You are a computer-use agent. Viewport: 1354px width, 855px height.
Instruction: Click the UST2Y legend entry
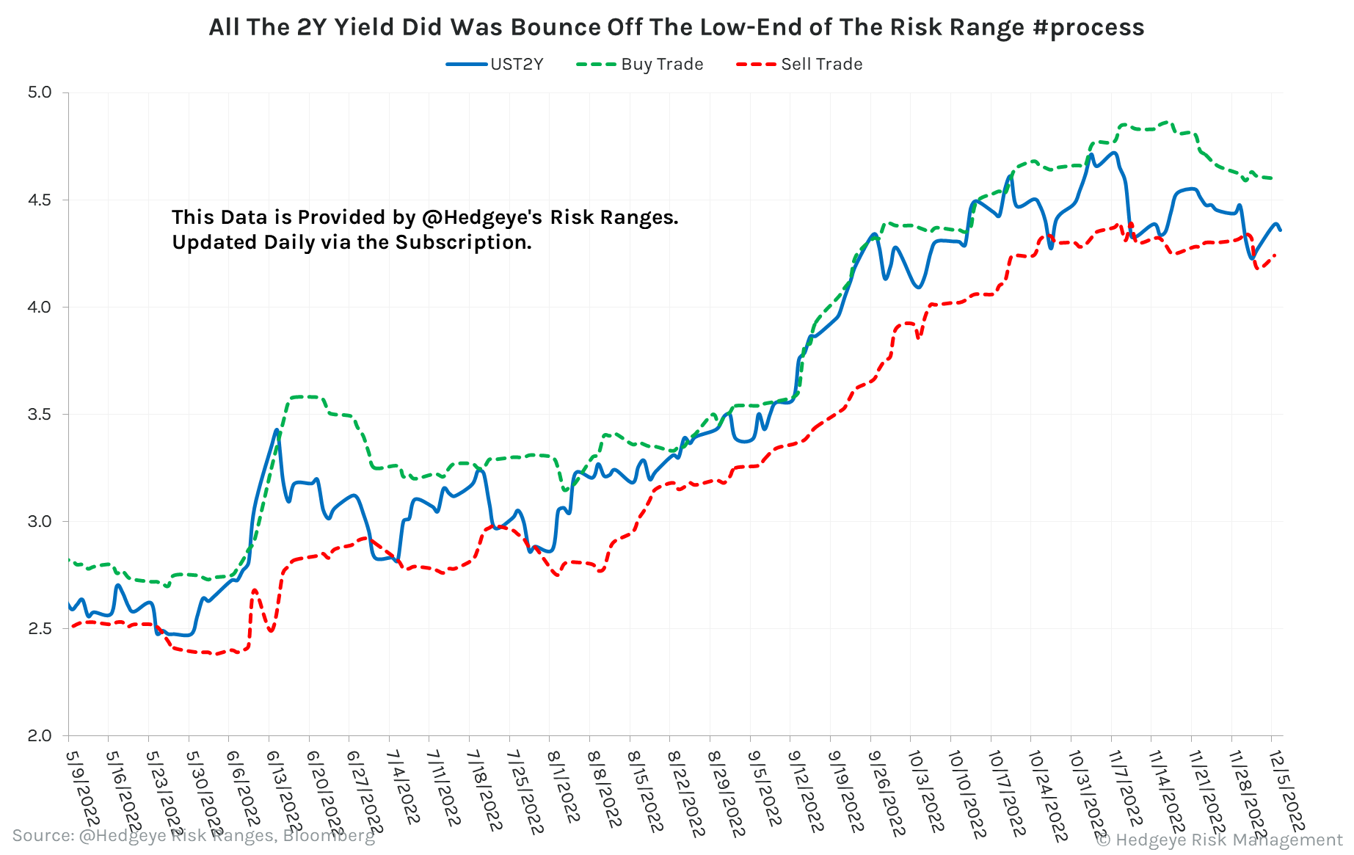(516, 65)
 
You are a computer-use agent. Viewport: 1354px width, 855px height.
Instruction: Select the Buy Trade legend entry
(661, 65)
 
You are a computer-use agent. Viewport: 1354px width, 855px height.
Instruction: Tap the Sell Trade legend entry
(820, 65)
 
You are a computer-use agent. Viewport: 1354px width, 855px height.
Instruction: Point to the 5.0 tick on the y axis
(40, 92)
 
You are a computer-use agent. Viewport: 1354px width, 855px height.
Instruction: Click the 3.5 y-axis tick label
(40, 414)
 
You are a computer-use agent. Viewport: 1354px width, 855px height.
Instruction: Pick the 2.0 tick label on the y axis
(40, 735)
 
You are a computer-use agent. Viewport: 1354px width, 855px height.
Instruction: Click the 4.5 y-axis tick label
(40, 200)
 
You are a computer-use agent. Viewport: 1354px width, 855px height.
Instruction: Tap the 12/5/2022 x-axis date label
(1286, 789)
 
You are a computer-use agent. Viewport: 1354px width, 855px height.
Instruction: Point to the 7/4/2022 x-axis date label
(403, 785)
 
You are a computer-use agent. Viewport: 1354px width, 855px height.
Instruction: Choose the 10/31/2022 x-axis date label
(1087, 793)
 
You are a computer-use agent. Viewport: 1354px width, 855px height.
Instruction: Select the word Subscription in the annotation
(462, 242)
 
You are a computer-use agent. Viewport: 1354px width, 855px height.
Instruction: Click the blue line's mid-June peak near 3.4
(277, 431)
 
